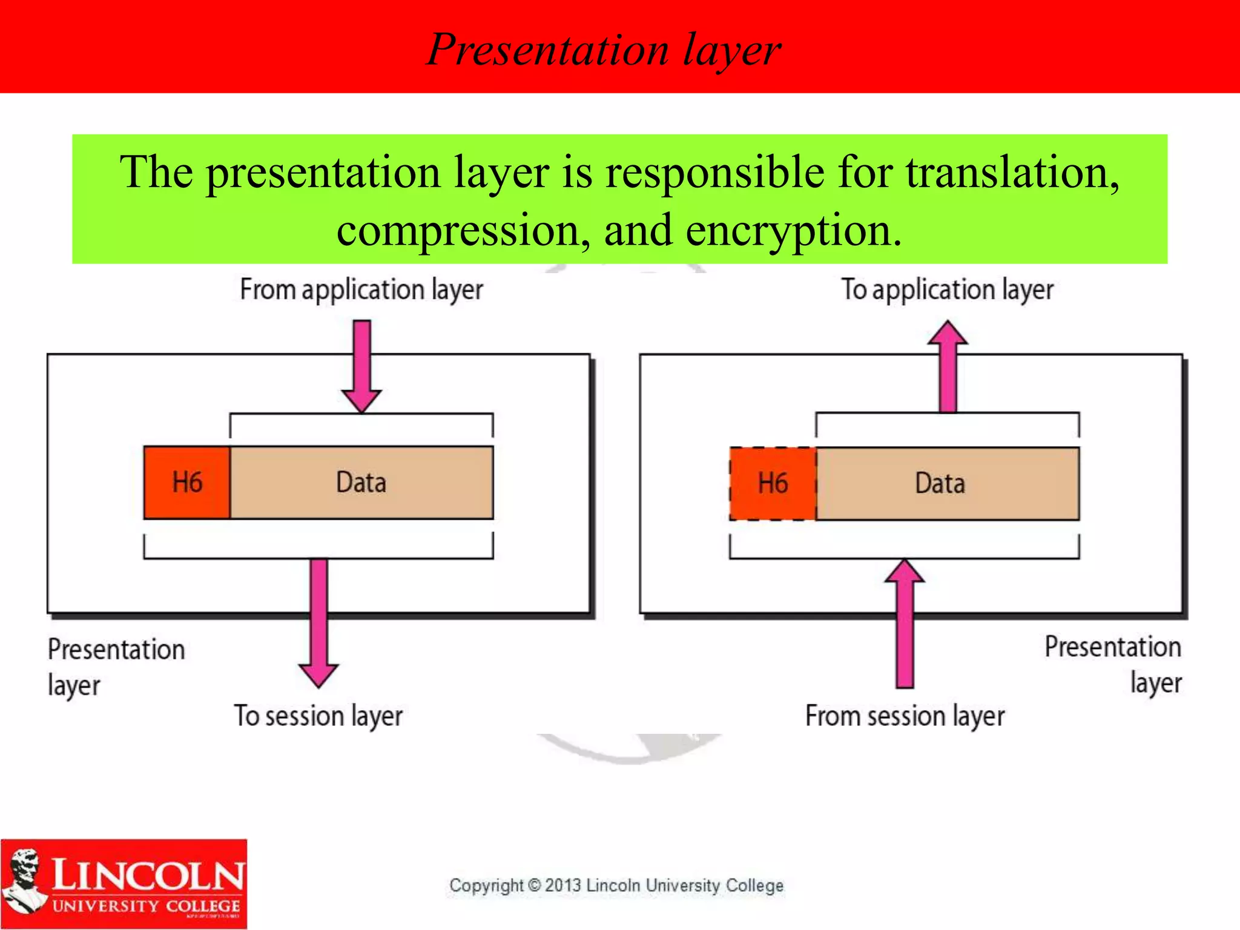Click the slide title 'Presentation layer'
pyautogui.click(x=604, y=50)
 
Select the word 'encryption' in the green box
pyautogui.click(x=793, y=231)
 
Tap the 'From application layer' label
pyautogui.click(x=361, y=289)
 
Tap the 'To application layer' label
pyautogui.click(x=947, y=289)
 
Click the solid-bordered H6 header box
pyautogui.click(x=187, y=483)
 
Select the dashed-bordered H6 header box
pyautogui.click(x=773, y=483)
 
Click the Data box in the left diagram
pyautogui.click(x=361, y=483)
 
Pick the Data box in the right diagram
pyautogui.click(x=947, y=483)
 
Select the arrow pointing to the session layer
pyautogui.click(x=318, y=624)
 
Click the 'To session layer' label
pyautogui.click(x=318, y=716)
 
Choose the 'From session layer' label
pyautogui.click(x=905, y=716)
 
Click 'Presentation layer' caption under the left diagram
pyautogui.click(x=115, y=666)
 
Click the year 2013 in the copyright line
pyautogui.click(x=563, y=885)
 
